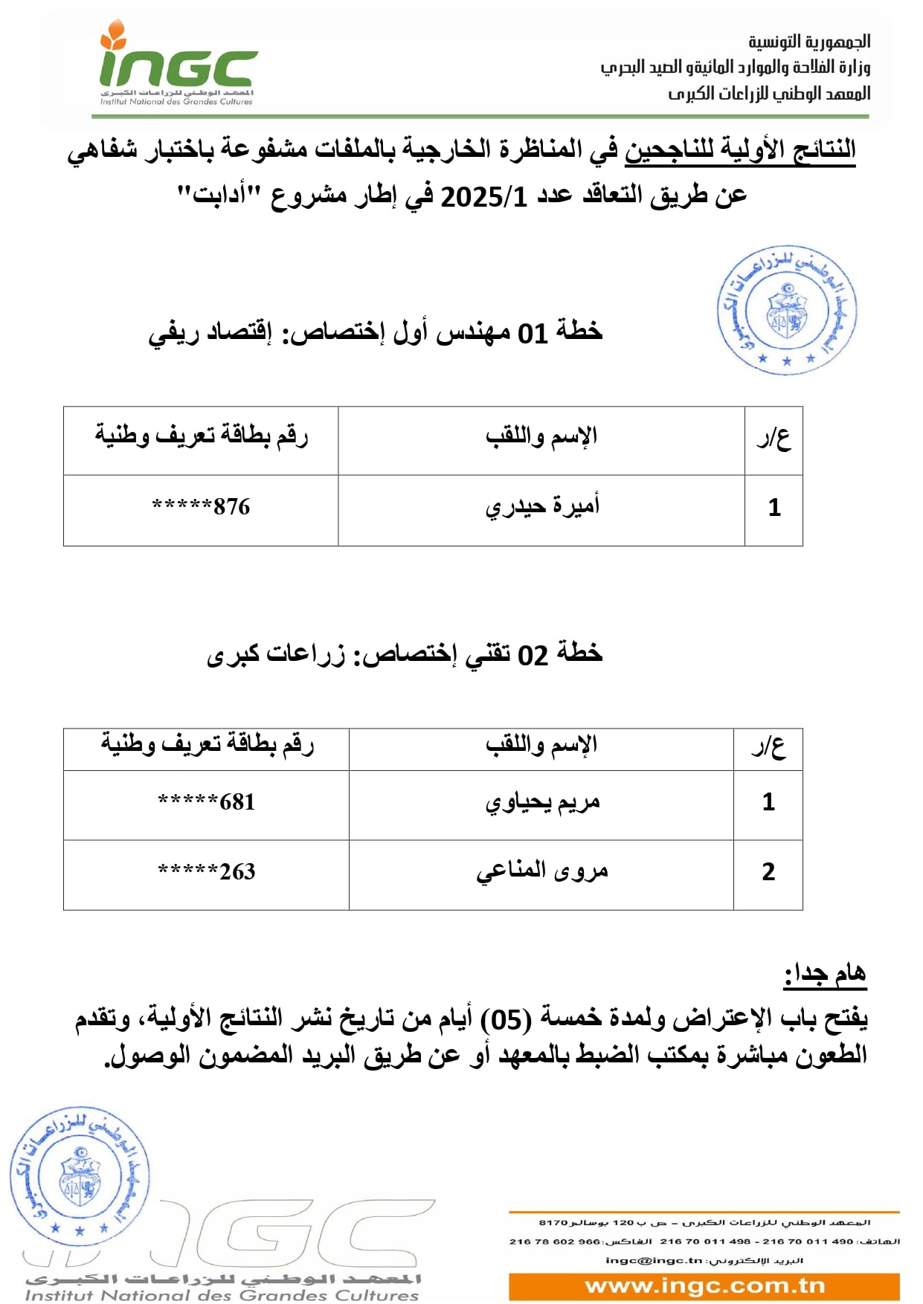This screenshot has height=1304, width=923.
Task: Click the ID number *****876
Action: point(201,507)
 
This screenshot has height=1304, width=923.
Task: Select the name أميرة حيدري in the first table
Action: point(542,507)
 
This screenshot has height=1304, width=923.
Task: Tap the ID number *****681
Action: point(206,802)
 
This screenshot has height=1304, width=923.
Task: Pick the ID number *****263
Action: point(206,871)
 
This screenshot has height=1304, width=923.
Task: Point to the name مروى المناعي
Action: point(542,871)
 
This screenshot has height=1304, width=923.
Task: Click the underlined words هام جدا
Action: point(826,974)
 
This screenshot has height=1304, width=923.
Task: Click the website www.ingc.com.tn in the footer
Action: point(704,1285)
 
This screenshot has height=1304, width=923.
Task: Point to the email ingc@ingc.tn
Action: point(654,1260)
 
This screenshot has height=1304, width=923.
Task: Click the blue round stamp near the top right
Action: point(787,310)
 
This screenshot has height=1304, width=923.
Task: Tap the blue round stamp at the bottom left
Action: point(80,1175)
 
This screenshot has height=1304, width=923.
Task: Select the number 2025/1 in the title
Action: point(484,198)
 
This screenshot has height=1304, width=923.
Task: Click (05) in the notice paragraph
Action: point(506,1019)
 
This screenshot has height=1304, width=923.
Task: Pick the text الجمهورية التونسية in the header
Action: point(809,42)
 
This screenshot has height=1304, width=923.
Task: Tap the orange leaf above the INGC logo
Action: point(113,34)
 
